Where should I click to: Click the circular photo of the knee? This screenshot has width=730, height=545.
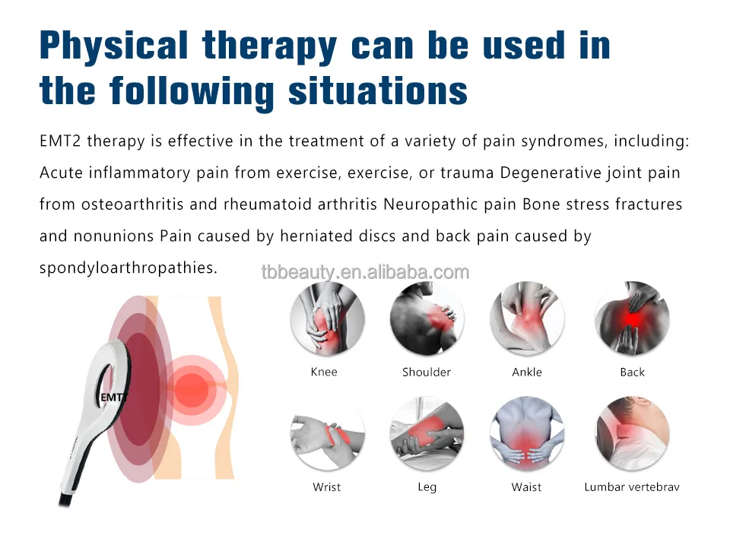328,318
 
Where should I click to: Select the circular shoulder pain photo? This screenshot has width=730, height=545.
427,318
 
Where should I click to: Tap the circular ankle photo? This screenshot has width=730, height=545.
527,318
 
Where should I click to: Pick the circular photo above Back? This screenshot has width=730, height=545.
632,318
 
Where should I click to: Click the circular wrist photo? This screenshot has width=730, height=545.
328,434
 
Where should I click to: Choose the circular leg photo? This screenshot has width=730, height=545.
427,434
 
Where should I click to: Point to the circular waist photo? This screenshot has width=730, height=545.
527,434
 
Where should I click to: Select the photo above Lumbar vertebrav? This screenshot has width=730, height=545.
632,434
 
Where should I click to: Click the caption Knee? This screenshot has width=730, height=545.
324,372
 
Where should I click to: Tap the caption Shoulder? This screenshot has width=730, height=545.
427,372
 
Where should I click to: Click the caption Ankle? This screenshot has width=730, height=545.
527,372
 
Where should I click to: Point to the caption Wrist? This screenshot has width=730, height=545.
327,486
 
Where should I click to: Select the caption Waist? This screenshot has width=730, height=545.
526,486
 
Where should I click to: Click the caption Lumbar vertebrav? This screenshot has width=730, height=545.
632,486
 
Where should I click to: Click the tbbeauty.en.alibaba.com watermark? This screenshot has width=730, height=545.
365,272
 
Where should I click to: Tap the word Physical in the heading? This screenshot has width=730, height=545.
112,46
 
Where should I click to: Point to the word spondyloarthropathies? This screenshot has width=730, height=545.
129,268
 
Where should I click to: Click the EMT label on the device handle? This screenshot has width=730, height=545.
113,397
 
